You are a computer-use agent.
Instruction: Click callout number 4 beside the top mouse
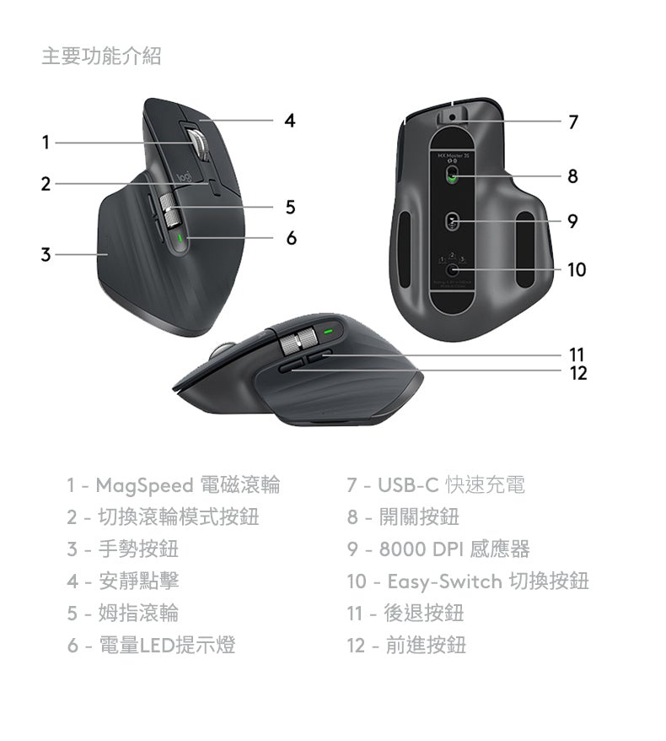290,121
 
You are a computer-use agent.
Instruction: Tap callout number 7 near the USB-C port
573,122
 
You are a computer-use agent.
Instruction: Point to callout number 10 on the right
577,270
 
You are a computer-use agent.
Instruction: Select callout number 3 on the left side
46,255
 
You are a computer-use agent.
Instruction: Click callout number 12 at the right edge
578,373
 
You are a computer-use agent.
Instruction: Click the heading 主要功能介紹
101,56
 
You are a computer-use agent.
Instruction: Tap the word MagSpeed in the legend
144,485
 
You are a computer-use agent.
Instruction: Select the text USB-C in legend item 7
408,485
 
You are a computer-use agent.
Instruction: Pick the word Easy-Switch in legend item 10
444,581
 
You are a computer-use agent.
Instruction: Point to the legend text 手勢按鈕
138,549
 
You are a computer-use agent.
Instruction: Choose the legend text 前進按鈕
426,645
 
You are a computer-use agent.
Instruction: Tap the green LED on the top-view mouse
180,238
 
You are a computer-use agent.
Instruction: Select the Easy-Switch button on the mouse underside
453,270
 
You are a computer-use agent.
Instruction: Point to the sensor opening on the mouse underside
452,220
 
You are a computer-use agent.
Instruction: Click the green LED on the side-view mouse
328,332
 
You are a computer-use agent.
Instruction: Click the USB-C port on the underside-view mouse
452,116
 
